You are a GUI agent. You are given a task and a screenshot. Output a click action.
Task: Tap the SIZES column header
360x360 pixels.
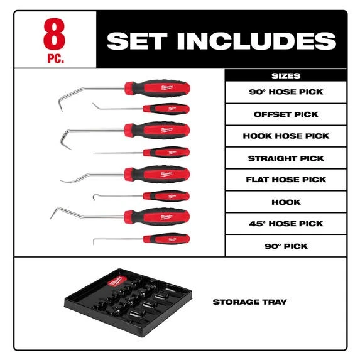(x=286, y=76)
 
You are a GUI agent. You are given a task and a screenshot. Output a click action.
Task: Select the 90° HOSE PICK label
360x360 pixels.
(x=286, y=92)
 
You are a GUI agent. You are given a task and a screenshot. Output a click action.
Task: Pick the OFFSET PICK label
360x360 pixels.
(x=286, y=114)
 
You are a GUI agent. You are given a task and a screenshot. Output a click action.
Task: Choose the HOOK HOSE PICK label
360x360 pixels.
(x=286, y=136)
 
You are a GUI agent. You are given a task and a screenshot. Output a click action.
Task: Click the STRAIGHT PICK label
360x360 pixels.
(x=286, y=158)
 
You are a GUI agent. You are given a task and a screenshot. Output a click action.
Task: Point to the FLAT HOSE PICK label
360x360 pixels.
(x=286, y=180)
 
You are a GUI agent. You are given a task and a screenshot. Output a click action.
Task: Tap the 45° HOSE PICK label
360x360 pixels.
(x=286, y=224)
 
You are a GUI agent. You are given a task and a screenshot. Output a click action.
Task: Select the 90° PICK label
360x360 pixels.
(x=286, y=246)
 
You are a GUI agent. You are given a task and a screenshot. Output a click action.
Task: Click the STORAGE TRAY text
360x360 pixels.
(x=250, y=302)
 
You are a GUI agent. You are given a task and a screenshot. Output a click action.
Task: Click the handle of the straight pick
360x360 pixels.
(x=165, y=152)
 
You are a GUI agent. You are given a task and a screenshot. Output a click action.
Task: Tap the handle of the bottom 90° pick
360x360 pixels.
(x=165, y=239)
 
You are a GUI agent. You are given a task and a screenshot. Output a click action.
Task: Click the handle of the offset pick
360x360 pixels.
(x=165, y=109)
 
